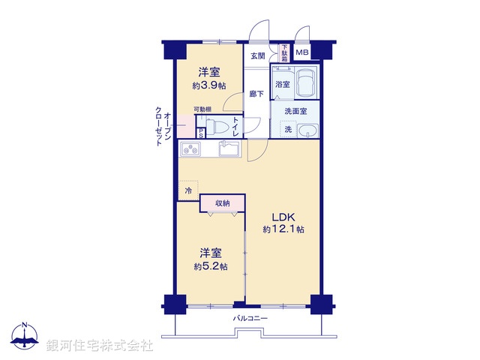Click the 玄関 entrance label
(x=257, y=55)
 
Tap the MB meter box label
(x=301, y=52)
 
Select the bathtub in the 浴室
(x=305, y=82)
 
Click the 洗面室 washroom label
(x=295, y=111)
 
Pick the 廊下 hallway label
(x=256, y=95)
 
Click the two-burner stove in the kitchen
(x=191, y=150)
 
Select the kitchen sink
(x=229, y=149)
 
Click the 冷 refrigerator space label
(x=188, y=190)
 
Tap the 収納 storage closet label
(x=223, y=202)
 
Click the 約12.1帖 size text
(x=283, y=229)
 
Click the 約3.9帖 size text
(x=208, y=85)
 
